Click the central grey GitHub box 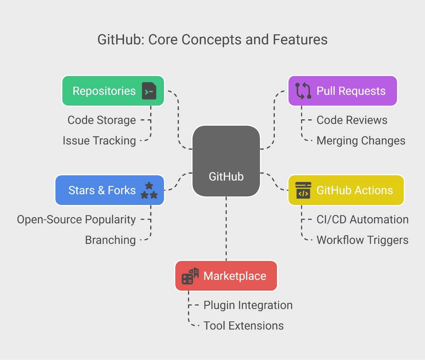coord(226,161)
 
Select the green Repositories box coord(113,91)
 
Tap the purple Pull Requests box coord(342,91)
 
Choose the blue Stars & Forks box coord(109,190)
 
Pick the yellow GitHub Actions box coord(346,190)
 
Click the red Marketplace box coord(226,276)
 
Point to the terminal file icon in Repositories coord(149,91)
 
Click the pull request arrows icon coord(303,91)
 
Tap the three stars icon coord(149,190)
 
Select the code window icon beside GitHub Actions coord(303,190)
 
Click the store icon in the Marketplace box coord(190,276)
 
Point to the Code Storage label coord(102,120)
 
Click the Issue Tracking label coord(99,141)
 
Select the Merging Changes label coord(361,141)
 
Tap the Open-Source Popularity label coord(76,220)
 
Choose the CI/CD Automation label coord(362,220)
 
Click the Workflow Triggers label coord(362,240)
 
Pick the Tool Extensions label coord(244,326)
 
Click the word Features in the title coord(300,40)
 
